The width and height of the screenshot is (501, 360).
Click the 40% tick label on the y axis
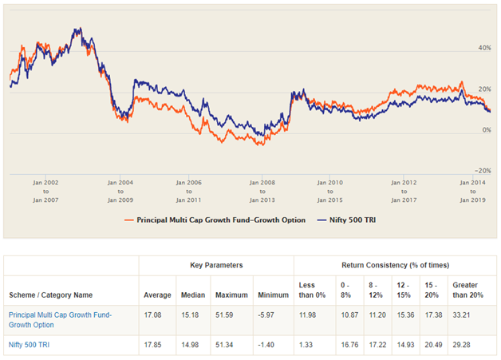pyautogui.click(x=484, y=48)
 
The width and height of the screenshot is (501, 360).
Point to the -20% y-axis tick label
pyautogui.click(x=483, y=170)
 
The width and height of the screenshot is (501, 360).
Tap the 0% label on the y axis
pyautogui.click(x=486, y=129)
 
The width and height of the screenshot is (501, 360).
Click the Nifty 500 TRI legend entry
pyautogui.click(x=348, y=220)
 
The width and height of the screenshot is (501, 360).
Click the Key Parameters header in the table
pyautogui.click(x=216, y=263)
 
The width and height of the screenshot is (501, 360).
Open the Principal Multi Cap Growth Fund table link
pyautogui.click(x=60, y=320)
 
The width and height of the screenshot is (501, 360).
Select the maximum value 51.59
pyautogui.click(x=235, y=315)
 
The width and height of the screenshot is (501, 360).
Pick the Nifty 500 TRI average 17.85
pyautogui.click(x=154, y=345)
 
